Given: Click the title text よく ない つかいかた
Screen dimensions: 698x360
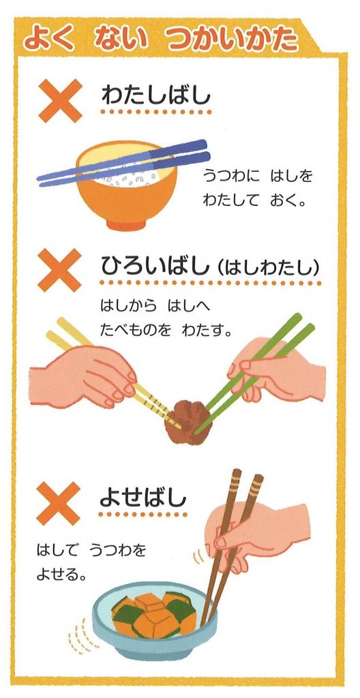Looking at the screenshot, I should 160,40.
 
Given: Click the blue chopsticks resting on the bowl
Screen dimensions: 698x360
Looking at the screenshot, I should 123,164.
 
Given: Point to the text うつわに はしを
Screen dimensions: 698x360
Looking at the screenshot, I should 257,177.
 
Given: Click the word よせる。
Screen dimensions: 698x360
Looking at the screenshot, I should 61,574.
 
